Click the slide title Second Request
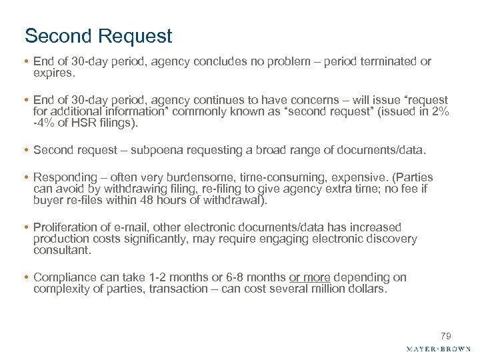click(x=98, y=35)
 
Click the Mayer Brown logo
click(x=438, y=349)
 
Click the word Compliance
click(x=63, y=277)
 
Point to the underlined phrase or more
click(x=311, y=277)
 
